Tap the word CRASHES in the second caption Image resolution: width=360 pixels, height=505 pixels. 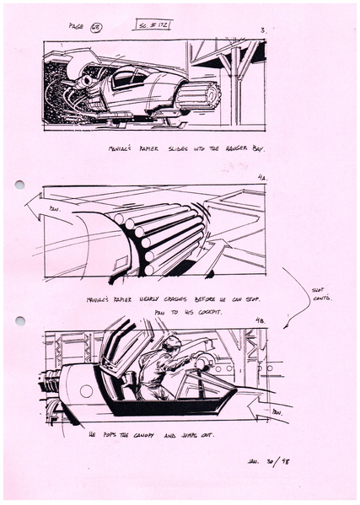click(x=175, y=299)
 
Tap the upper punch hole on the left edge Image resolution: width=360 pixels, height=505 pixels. click(x=19, y=185)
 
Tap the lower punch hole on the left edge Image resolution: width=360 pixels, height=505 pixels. click(x=19, y=320)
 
